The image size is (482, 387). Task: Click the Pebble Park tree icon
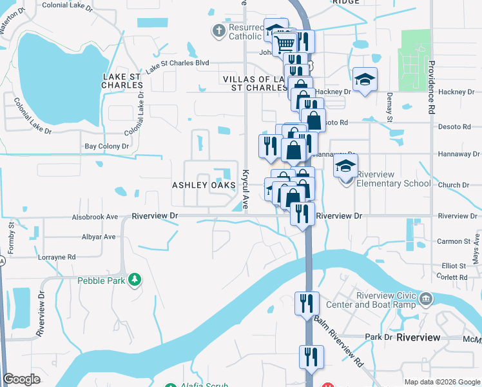(x=135, y=280)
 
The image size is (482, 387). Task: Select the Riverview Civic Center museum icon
(x=426, y=299)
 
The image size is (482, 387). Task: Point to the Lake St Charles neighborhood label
(x=122, y=81)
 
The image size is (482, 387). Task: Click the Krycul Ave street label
(x=246, y=187)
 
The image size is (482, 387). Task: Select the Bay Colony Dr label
(x=107, y=146)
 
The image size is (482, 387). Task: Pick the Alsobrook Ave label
(x=95, y=217)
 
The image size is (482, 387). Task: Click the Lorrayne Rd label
(x=57, y=257)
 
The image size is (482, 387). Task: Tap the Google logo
(x=22, y=379)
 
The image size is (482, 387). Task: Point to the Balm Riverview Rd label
(x=340, y=342)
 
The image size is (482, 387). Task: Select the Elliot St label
(x=454, y=266)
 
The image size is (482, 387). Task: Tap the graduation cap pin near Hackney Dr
(x=364, y=79)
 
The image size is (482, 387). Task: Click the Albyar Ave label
(x=100, y=237)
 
